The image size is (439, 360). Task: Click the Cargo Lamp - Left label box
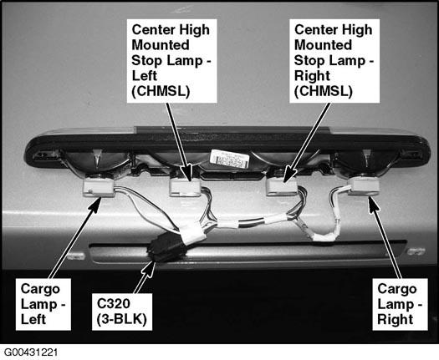pyautogui.click(x=43, y=304)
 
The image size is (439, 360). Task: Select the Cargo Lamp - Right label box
pyautogui.click(x=400, y=304)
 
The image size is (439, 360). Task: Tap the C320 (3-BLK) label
pyautogui.click(x=122, y=312)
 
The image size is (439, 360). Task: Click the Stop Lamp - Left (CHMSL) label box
pyautogui.click(x=172, y=61)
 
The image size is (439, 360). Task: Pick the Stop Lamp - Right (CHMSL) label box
pyautogui.click(x=334, y=61)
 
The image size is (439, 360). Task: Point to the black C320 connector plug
pyautogui.click(x=166, y=248)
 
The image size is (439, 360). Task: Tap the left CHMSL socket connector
pyautogui.click(x=185, y=187)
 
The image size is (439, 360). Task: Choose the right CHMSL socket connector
pyautogui.click(x=281, y=186)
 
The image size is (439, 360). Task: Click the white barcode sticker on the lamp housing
pyautogui.click(x=230, y=159)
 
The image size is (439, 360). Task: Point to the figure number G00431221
pyautogui.click(x=31, y=352)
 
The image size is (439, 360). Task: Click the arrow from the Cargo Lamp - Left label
pyautogui.click(x=75, y=237)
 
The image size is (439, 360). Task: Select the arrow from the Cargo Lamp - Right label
pyautogui.click(x=385, y=237)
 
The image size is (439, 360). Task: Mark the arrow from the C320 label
pyautogui.click(x=145, y=277)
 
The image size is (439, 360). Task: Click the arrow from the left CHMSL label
pyautogui.click(x=179, y=142)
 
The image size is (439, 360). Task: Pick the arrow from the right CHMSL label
pyautogui.click(x=307, y=143)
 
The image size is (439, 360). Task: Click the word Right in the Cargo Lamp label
pyautogui.click(x=395, y=319)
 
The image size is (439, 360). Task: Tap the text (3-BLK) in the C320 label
pyautogui.click(x=122, y=319)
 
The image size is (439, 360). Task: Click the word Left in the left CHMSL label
pyautogui.click(x=144, y=75)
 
